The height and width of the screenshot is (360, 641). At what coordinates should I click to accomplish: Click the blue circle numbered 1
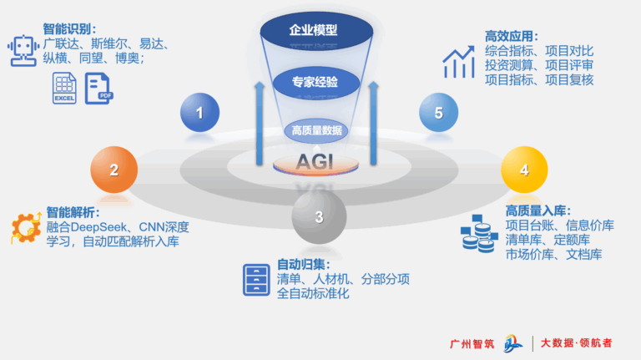point(199,112)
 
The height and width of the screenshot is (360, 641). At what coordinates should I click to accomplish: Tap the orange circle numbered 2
point(114,170)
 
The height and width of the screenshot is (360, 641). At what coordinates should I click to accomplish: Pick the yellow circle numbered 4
point(523,170)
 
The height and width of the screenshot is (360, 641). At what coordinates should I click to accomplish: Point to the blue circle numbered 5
point(438,113)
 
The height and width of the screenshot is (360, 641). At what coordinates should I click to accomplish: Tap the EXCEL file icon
point(64,88)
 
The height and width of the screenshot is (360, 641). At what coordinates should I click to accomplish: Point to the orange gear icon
point(27,228)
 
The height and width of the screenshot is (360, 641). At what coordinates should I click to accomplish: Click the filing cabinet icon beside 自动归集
point(256,279)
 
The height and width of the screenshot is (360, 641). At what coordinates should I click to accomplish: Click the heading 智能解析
point(73,212)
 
